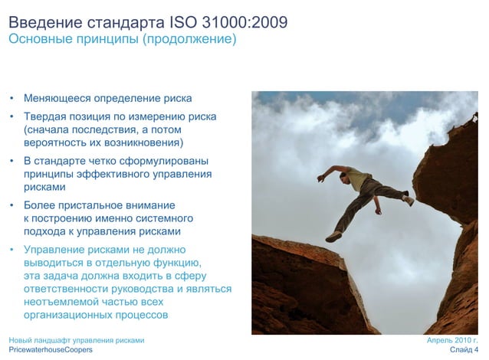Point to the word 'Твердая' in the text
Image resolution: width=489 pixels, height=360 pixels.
44,116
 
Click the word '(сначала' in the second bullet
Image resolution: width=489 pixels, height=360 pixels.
47,129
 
